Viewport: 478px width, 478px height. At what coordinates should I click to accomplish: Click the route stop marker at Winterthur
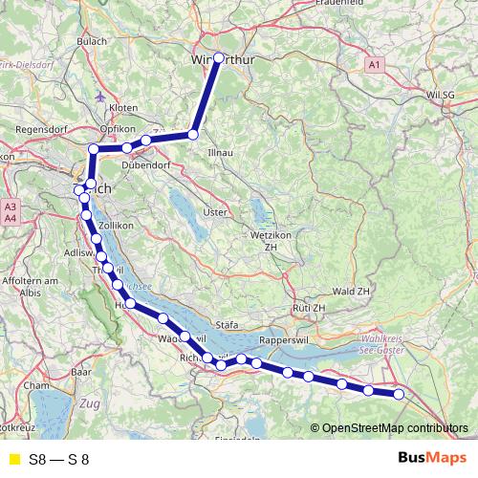point(218,57)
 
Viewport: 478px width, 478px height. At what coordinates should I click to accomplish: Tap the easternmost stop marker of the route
point(400,394)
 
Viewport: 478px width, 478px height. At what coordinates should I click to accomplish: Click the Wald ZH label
point(351,291)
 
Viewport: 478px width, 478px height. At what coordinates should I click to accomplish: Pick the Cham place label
point(36,384)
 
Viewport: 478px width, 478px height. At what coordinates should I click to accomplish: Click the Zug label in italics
point(91,404)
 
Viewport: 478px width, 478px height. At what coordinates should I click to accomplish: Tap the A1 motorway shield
point(375,64)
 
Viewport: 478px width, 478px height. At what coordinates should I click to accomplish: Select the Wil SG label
point(443,95)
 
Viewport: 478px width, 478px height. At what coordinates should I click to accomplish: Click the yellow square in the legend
point(11,459)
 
